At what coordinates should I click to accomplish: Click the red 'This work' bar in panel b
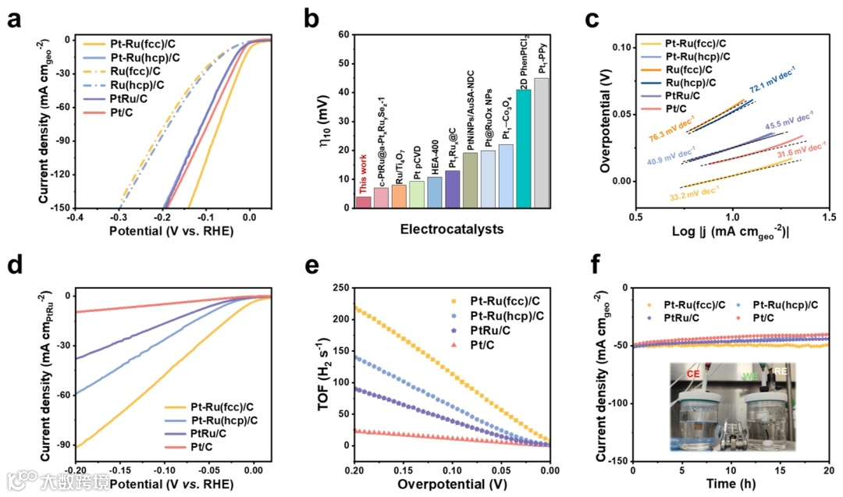coord(364,201)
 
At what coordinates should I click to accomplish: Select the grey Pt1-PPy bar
coord(542,143)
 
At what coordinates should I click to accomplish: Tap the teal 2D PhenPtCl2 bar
coord(523,148)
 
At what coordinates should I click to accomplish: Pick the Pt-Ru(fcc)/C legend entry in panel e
coord(493,299)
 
